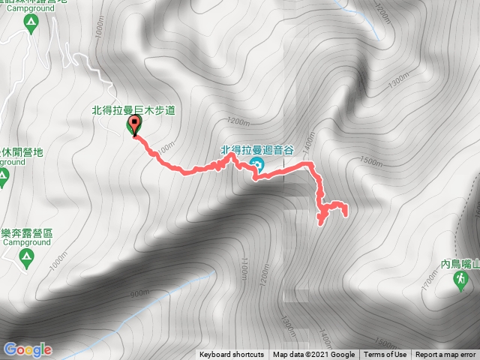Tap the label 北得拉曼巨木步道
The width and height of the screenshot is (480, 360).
pos(133,110)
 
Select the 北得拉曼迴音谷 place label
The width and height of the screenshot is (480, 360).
pos(256,150)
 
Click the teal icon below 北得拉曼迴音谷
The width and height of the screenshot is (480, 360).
pos(256,165)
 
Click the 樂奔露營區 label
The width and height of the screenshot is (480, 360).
pos(26,234)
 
